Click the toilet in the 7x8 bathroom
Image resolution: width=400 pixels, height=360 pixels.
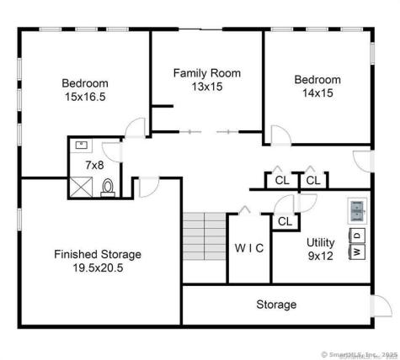tap(108, 188)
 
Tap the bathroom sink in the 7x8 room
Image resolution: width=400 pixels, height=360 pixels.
tap(83, 146)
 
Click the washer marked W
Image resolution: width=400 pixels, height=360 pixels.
tap(357, 250)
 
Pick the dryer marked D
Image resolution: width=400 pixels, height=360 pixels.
tap(357, 233)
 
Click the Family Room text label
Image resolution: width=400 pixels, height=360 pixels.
tap(207, 73)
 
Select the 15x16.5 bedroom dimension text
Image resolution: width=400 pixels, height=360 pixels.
tap(85, 98)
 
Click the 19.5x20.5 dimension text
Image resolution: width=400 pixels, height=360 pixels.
tap(97, 268)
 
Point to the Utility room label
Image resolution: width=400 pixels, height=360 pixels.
tap(320, 241)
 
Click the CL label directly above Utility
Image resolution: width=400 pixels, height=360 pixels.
tap(285, 221)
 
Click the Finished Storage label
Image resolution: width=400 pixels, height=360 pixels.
tap(97, 254)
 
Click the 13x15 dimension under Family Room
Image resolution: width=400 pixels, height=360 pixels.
tap(207, 87)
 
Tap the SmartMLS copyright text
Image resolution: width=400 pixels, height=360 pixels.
tap(356, 353)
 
